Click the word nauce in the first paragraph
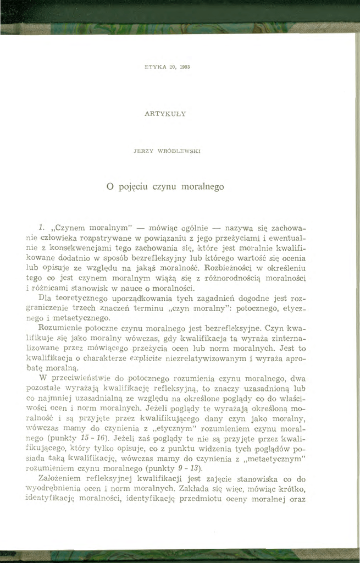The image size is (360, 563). click(144, 288)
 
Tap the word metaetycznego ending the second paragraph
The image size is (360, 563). click(76, 318)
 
